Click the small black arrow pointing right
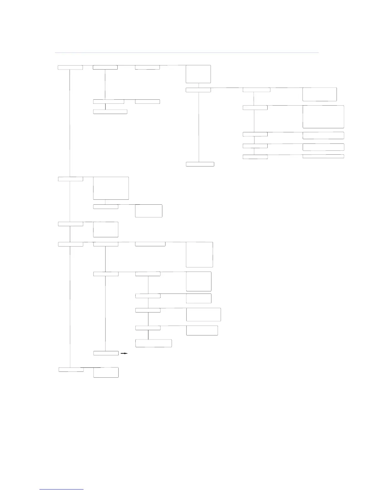tap(124, 353)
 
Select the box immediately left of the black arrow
tap(106, 353)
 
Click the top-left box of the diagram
tap(70, 67)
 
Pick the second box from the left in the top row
tap(105, 67)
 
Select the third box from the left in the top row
tap(147, 67)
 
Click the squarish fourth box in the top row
tap(198, 74)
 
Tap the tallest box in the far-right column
tap(323, 117)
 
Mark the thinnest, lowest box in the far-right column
tap(323, 156)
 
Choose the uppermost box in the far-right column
tap(319, 94)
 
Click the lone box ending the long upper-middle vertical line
tap(200, 164)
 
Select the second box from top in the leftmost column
tap(70, 179)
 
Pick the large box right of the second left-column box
tap(111, 188)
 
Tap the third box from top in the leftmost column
tap(70, 224)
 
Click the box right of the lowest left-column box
tap(106, 372)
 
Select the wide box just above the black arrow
tap(154, 343)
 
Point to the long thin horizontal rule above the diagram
tap(187, 53)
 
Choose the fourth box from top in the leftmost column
tap(70, 244)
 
